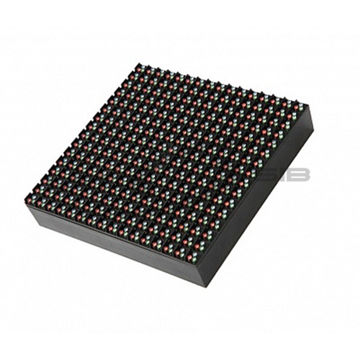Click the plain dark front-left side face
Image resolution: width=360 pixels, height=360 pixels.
tap(108, 248)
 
